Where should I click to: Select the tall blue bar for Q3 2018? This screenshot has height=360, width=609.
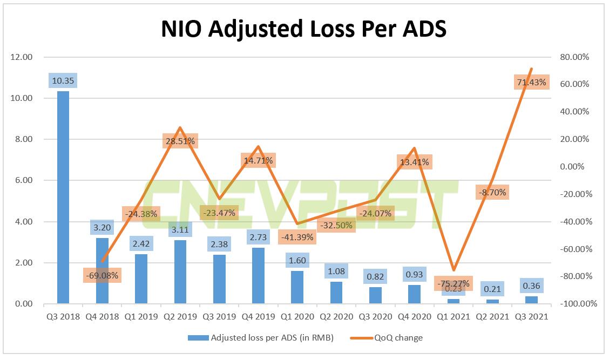click(x=63, y=197)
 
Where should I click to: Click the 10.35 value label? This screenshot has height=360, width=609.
click(x=63, y=81)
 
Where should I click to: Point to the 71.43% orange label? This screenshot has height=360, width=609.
click(x=531, y=82)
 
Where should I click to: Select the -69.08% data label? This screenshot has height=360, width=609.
click(x=102, y=275)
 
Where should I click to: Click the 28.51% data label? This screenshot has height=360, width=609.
click(x=179, y=141)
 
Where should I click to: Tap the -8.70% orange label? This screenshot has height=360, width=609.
click(x=492, y=192)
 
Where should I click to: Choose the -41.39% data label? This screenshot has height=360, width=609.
click(x=296, y=237)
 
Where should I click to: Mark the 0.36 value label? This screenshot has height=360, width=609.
click(x=531, y=286)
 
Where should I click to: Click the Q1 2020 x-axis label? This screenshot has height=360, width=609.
click(x=296, y=317)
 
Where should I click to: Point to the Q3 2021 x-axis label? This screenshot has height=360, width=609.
click(x=531, y=317)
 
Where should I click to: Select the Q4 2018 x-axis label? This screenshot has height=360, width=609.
click(x=102, y=317)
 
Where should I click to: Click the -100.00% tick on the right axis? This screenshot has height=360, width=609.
click(x=578, y=304)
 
